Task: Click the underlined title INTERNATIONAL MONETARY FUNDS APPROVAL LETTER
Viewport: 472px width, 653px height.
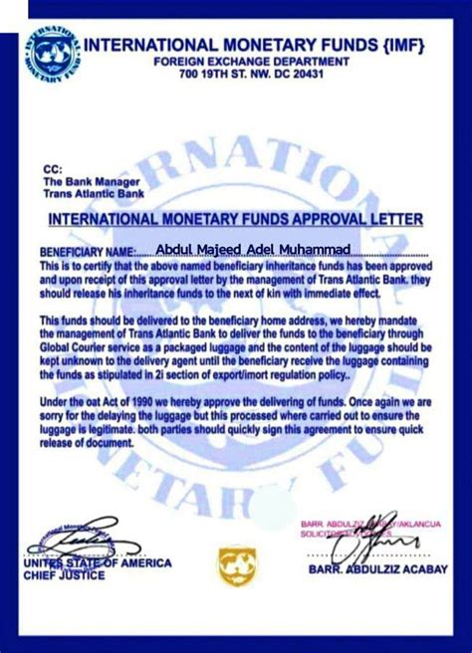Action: tap(236, 219)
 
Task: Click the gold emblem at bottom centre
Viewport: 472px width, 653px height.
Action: tap(237, 566)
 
